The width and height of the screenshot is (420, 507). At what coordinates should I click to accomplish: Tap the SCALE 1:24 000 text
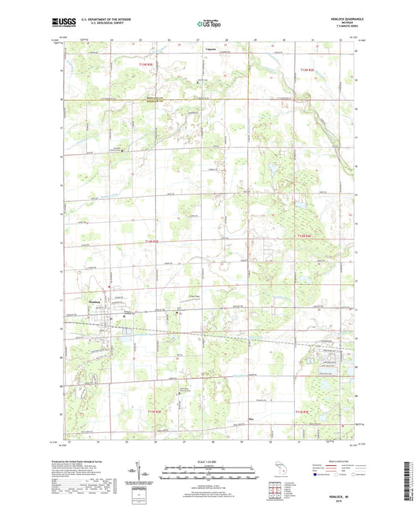(x=210, y=461)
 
